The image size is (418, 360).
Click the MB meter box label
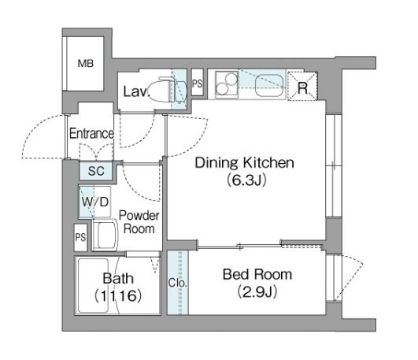(86, 64)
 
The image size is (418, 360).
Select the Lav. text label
(135, 91)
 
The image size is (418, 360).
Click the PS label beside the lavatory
(198, 84)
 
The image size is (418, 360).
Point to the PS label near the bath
(80, 237)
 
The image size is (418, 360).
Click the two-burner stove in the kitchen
(227, 84)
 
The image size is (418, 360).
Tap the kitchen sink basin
(269, 85)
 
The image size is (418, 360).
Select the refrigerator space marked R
(302, 86)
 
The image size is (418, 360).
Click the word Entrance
(91, 133)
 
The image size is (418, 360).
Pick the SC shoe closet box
(96, 171)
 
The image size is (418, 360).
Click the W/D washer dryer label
(95, 202)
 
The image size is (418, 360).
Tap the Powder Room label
(139, 222)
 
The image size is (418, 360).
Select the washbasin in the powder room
(105, 235)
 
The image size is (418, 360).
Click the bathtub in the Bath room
(93, 285)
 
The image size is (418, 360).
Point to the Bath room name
(118, 278)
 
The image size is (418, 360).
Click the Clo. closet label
(178, 283)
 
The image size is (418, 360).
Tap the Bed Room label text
(257, 274)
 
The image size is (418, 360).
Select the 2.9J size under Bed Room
(257, 291)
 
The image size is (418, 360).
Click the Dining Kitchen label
(245, 162)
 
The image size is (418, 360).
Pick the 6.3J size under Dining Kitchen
(246, 180)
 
